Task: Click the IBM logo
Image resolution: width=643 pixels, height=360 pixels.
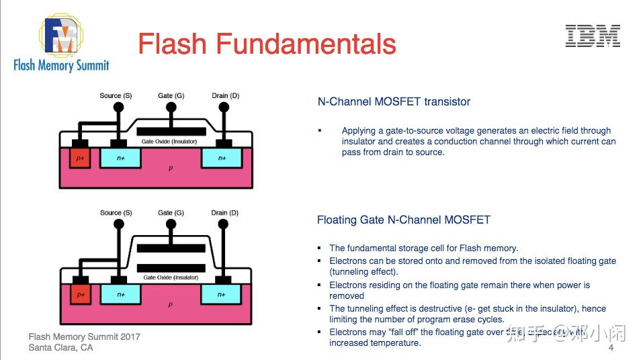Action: (592, 36)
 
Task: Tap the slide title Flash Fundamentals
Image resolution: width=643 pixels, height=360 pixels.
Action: (267, 44)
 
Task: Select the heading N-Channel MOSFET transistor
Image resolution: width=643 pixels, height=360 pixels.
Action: (394, 102)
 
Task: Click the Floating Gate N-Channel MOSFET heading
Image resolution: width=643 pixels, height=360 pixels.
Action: (403, 220)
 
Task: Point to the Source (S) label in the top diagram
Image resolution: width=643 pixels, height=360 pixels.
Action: (116, 95)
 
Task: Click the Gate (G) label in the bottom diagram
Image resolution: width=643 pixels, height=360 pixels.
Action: (171, 213)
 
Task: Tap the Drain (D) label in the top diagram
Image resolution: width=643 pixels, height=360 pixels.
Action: (225, 95)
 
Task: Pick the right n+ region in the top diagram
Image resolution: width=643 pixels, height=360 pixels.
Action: (222, 159)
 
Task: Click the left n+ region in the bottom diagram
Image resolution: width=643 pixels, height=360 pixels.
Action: (121, 294)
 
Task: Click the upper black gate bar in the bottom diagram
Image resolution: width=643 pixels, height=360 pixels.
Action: (171, 248)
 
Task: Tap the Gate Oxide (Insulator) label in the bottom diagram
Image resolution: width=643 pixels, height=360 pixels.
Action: (171, 277)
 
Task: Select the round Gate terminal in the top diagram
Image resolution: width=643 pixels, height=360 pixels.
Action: (171, 107)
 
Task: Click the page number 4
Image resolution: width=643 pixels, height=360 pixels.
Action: (611, 349)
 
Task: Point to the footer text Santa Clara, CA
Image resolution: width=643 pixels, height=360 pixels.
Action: (60, 348)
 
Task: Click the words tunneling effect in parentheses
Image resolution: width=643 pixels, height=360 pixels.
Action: (363, 272)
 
